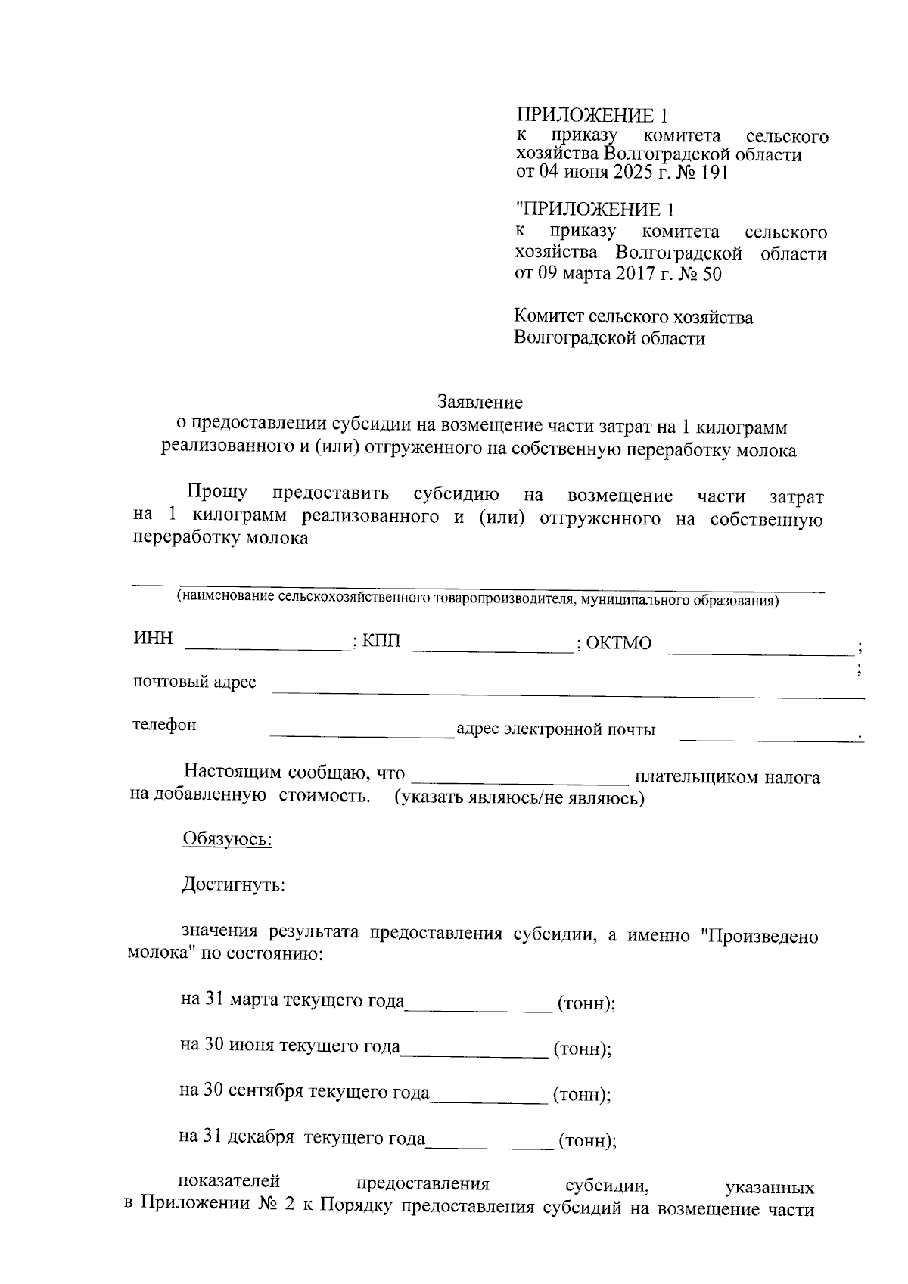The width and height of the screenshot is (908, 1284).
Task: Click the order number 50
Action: point(712,273)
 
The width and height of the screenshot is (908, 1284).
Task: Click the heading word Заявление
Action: point(480,402)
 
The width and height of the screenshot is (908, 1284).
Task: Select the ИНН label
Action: point(153,639)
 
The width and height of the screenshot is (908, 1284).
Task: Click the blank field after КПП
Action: point(493,646)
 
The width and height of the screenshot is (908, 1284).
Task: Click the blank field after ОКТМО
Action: point(757,649)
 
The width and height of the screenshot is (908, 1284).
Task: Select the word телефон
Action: point(165,725)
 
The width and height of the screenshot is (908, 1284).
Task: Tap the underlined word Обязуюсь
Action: point(227,839)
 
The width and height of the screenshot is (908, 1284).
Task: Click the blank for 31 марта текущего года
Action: point(479,1007)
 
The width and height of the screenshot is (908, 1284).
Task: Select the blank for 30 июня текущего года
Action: point(474,1052)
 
